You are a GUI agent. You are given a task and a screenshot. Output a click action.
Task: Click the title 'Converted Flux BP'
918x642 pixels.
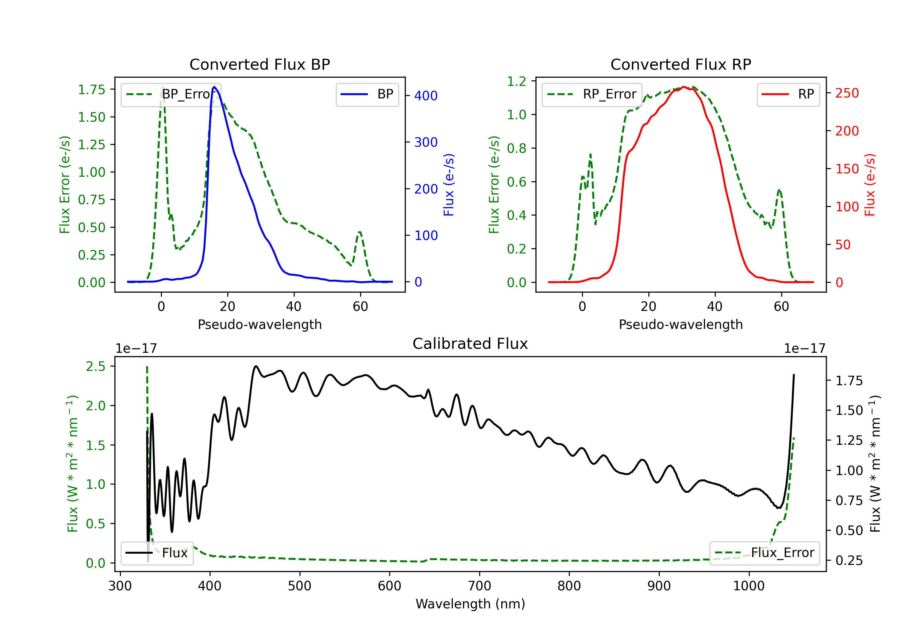point(259,64)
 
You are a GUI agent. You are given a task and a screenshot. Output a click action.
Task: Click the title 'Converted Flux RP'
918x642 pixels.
point(681,64)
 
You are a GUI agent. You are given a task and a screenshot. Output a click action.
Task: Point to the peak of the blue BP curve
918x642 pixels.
point(214,87)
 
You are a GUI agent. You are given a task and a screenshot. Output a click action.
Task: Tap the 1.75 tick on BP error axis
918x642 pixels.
point(91,90)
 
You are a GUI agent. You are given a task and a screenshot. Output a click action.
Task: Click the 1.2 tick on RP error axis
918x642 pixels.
point(517,82)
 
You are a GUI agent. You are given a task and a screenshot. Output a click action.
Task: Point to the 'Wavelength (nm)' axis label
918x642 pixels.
point(470,604)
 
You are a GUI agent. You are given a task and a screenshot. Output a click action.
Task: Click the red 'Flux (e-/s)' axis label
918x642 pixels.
point(870,185)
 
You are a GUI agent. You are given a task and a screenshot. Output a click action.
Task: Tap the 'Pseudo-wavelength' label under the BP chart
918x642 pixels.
point(259,324)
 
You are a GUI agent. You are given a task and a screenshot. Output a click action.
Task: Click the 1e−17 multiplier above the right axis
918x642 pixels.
point(804,349)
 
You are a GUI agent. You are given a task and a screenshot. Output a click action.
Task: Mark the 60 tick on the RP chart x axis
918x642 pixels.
point(781,306)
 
